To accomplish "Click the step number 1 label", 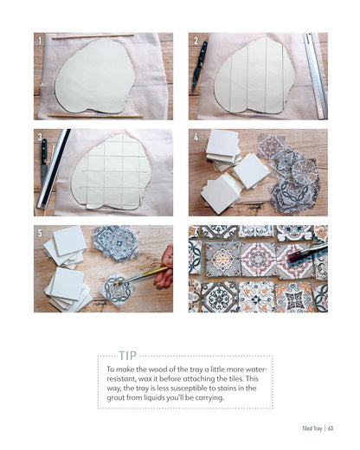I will point(38,41).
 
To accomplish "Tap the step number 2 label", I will point(196,41).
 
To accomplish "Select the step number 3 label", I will point(38,137).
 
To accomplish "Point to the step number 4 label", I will point(196,137).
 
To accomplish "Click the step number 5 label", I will point(38,233).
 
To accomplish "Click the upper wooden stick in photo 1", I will point(92,36).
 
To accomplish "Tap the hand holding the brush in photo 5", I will point(166,268).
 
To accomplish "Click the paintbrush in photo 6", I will point(307,253).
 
